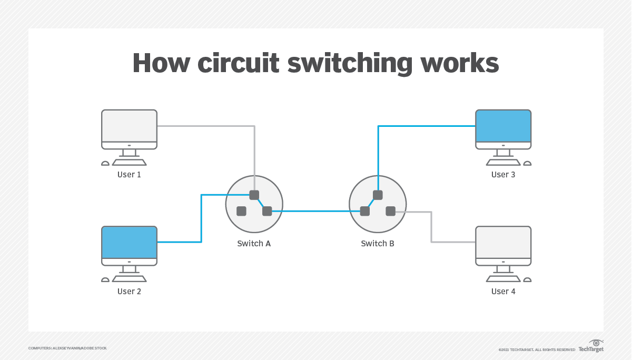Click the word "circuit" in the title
click(x=238, y=63)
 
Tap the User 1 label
click(x=129, y=174)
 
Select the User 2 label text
click(x=129, y=291)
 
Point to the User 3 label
click(x=503, y=174)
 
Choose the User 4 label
click(x=503, y=291)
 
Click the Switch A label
click(x=254, y=243)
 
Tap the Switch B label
click(x=378, y=243)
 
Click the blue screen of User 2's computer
click(x=129, y=242)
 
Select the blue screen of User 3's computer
click(x=503, y=126)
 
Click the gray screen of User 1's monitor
click(x=129, y=126)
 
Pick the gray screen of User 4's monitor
click(x=503, y=242)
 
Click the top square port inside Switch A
click(x=254, y=195)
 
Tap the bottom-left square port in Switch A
click(x=241, y=211)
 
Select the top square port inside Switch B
click(x=378, y=195)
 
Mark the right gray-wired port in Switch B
click(x=390, y=211)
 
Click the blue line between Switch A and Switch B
click(x=316, y=211)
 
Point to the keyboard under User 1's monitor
click(x=129, y=162)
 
